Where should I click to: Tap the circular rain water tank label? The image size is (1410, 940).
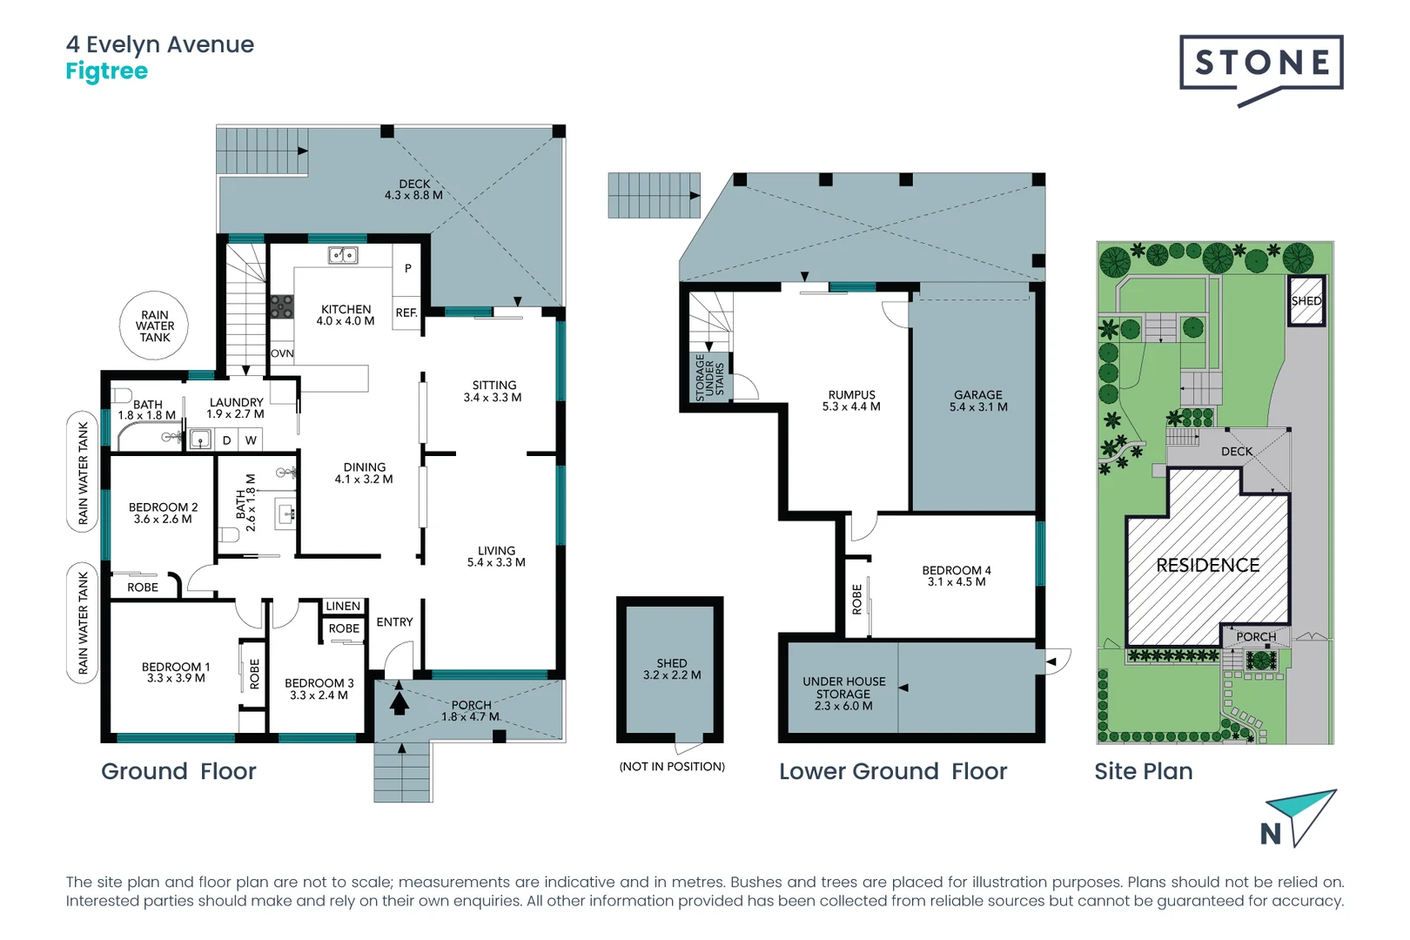coord(154,326)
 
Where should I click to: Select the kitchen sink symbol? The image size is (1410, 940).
coord(343,255)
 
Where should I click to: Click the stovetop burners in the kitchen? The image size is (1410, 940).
coord(282,306)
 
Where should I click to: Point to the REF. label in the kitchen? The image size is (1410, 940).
coord(406,312)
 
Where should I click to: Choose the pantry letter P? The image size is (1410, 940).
coord(408,268)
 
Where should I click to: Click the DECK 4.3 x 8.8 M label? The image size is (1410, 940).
coord(414,190)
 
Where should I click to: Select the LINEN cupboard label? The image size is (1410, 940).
coord(343,606)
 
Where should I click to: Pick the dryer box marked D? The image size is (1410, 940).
coord(226,440)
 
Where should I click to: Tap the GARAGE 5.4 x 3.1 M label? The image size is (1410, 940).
coord(978,401)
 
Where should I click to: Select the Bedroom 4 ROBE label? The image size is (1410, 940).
coord(856,599)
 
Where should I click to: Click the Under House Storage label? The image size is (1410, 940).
coord(843,693)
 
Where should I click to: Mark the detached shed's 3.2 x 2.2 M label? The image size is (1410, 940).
coord(672,675)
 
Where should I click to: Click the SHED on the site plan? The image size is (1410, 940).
coord(1306,300)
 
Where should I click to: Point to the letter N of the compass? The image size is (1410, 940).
coord(1271,834)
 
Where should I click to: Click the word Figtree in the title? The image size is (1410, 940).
coord(107,71)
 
